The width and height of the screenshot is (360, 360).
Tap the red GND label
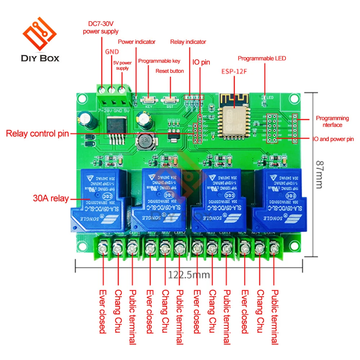[x=112, y=52]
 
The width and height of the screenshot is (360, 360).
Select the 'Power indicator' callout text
[x=137, y=42]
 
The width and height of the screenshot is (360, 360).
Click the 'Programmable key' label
[x=159, y=61]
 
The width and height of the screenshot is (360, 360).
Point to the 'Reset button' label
[x=170, y=71]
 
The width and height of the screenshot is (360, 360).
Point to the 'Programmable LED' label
[x=262, y=58]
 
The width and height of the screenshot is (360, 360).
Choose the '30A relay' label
[x=51, y=198]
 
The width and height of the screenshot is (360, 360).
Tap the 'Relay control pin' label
[x=37, y=134]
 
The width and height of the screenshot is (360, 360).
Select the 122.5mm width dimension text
[x=189, y=275]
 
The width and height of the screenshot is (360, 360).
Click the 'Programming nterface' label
[x=332, y=121]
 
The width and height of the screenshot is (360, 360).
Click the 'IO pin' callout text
[x=201, y=62]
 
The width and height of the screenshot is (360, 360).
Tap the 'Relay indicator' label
[x=188, y=42]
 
